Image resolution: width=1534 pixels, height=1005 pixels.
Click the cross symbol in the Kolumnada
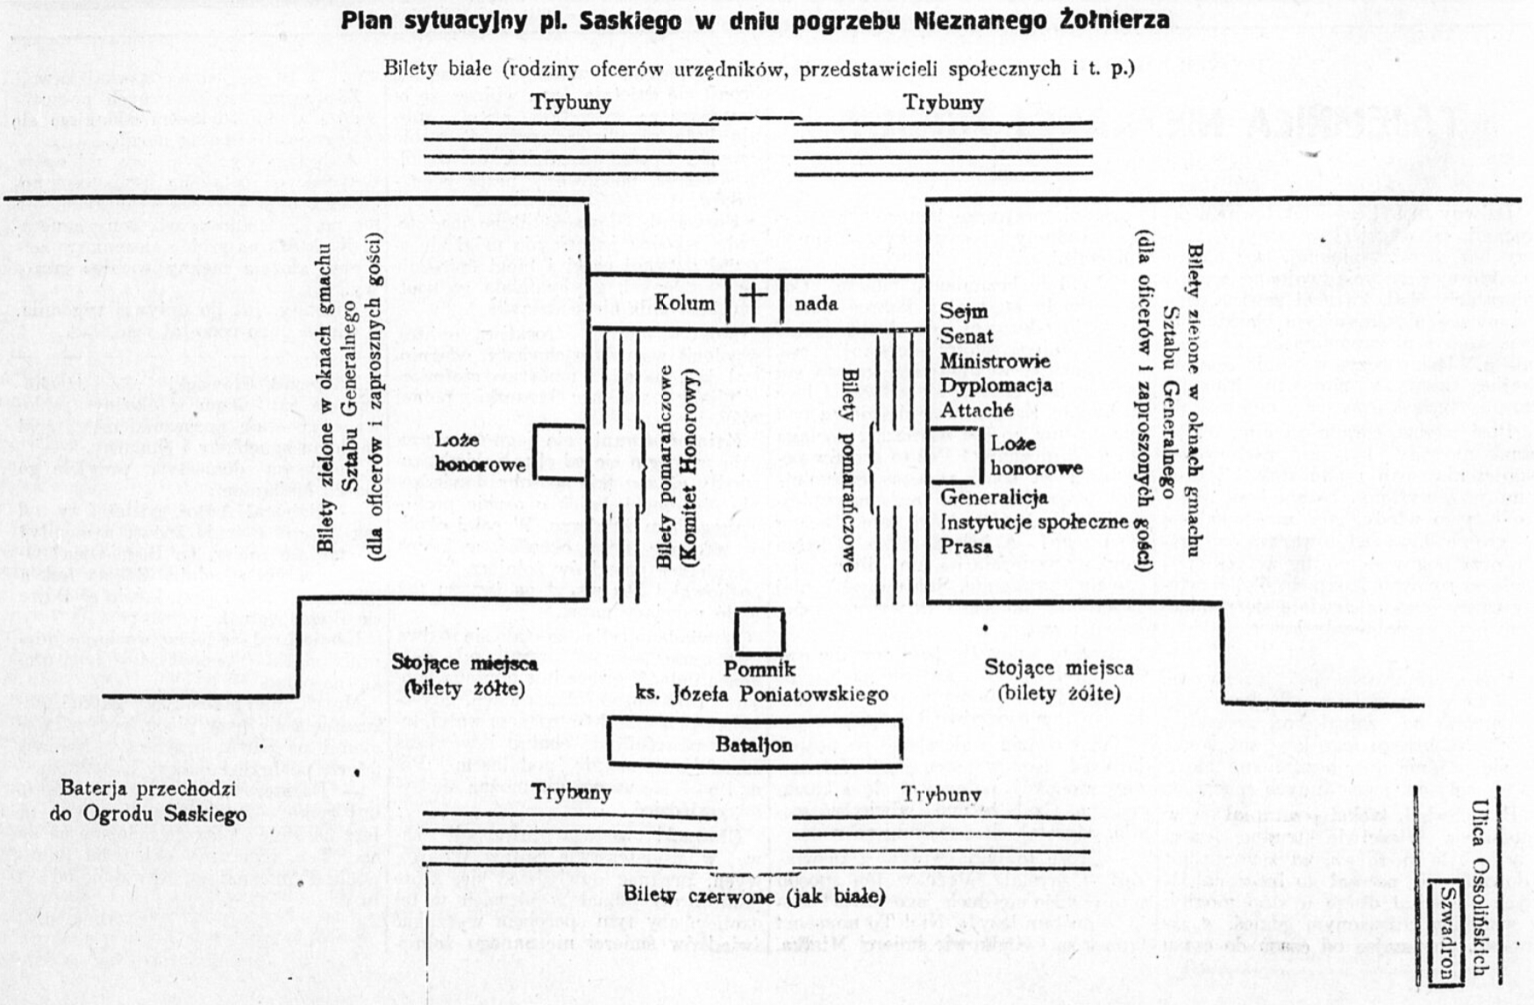coord(754,300)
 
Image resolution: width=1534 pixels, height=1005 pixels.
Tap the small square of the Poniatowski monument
coord(760,631)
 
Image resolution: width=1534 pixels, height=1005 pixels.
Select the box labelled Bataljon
coord(754,744)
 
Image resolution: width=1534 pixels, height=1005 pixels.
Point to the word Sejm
coord(964,311)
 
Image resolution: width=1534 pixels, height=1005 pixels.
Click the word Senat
coord(967,336)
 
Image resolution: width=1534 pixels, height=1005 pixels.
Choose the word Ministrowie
coord(995,360)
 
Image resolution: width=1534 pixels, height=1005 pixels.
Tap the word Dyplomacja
coord(995,385)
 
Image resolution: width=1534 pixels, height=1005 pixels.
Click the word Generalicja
coord(994,497)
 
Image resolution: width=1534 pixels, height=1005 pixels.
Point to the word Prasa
coord(966,546)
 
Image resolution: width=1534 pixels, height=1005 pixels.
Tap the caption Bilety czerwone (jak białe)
coord(754,895)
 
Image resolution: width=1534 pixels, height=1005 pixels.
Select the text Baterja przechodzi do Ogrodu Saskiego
coord(148,801)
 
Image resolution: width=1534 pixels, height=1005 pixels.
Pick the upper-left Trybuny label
coord(571,103)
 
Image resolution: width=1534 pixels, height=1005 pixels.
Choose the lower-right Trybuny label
coord(942,794)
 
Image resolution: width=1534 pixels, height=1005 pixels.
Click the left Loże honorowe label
coord(480,452)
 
